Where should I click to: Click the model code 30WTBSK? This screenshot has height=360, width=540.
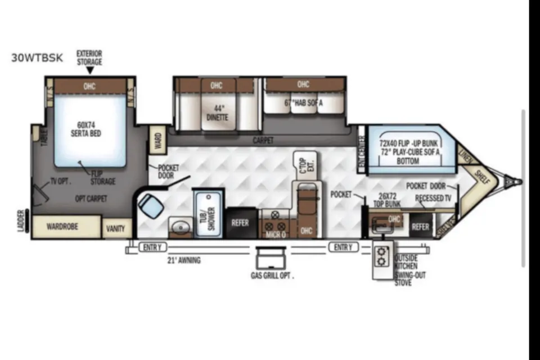[37, 57]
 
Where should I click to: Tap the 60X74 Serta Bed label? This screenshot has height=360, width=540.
[89, 129]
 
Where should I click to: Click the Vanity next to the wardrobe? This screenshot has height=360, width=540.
[117, 228]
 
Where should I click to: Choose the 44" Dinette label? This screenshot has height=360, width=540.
[217, 113]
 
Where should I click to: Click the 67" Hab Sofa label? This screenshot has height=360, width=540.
[304, 102]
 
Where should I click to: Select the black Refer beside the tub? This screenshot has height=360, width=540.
[240, 223]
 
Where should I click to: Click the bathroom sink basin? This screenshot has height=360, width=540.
[179, 227]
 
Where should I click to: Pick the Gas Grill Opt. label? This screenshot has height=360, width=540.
[272, 276]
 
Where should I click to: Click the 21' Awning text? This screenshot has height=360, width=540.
[183, 260]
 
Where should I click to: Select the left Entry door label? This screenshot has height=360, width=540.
[151, 247]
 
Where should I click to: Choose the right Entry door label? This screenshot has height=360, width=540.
[343, 247]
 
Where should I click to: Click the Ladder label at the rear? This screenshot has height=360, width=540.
[21, 220]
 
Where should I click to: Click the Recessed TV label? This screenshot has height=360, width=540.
[433, 198]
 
